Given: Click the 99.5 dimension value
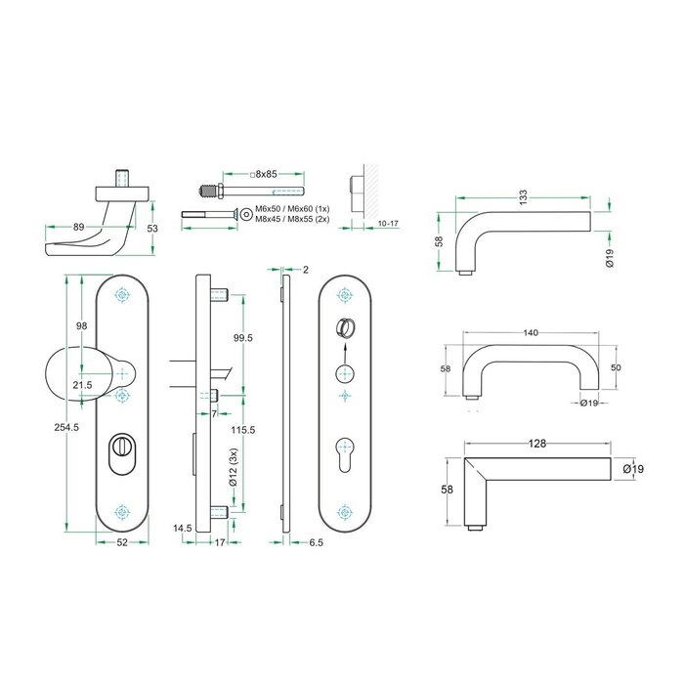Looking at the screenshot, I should pyautogui.click(x=244, y=337).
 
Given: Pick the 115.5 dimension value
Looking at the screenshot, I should pyautogui.click(x=244, y=430).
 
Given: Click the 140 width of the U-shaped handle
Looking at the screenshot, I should pyautogui.click(x=531, y=333).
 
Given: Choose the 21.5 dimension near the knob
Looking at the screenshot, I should pyautogui.click(x=82, y=385).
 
